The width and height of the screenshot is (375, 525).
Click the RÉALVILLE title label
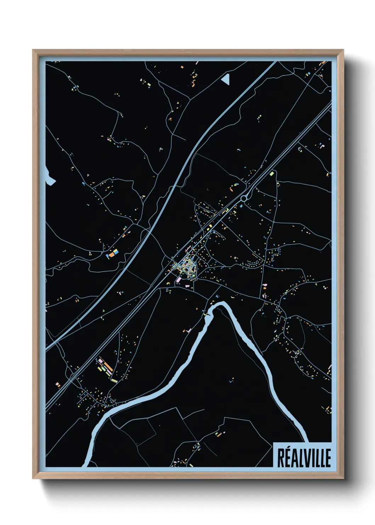pos(303,458)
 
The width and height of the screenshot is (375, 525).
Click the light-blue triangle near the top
pos(226,79)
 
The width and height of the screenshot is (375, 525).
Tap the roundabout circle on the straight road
pos(244,198)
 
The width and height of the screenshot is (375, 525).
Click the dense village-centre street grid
pos(185,266)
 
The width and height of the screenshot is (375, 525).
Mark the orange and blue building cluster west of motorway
pos(113,253)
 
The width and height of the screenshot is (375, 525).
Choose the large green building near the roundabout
pos(272,174)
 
